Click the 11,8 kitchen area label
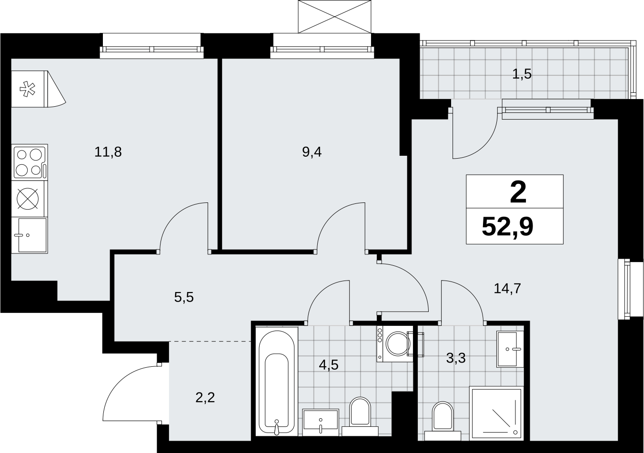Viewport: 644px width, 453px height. click(x=108, y=152)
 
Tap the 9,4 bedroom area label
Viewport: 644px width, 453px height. click(x=312, y=152)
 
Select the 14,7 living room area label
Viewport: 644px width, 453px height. click(x=507, y=288)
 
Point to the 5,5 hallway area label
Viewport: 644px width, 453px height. click(x=184, y=297)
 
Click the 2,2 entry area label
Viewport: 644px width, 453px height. click(x=205, y=398)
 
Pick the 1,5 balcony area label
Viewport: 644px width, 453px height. click(x=522, y=74)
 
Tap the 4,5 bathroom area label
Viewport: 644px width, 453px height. click(x=329, y=365)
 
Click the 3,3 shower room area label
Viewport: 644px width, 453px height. click(x=456, y=358)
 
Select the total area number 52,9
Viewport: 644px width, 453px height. click(x=508, y=227)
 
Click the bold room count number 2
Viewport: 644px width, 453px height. click(x=518, y=193)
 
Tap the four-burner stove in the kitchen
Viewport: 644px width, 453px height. click(x=30, y=162)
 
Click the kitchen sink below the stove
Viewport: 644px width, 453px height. click(x=30, y=235)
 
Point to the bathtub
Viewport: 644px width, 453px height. click(x=277, y=385)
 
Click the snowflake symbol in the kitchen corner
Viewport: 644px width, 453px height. click(x=27, y=89)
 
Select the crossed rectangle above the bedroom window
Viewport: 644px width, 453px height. click(x=335, y=16)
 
